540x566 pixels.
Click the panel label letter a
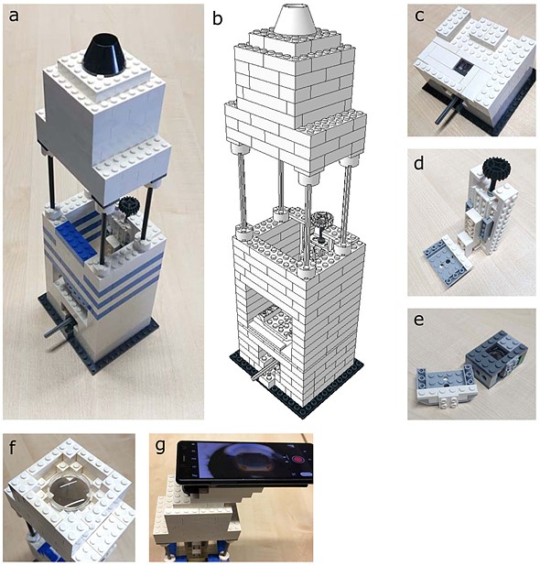[14, 16]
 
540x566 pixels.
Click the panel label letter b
[217, 18]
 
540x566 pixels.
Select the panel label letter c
[419, 16]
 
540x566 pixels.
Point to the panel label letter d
[419, 163]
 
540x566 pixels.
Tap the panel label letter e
[419, 321]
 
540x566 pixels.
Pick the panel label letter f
[14, 449]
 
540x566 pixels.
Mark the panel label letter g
[160, 448]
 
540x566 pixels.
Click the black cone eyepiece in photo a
[104, 55]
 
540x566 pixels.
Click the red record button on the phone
[298, 460]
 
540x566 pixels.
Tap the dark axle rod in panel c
[445, 112]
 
